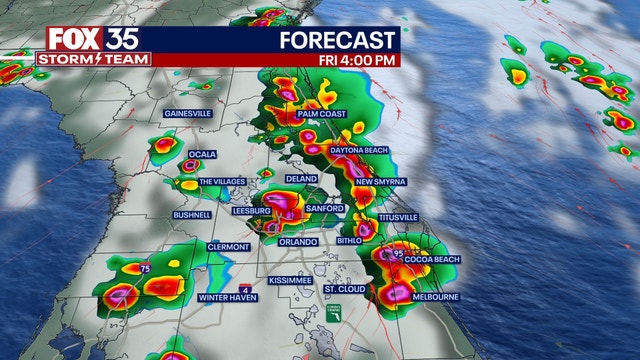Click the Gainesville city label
tap(187, 114)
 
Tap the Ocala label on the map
tap(203, 154)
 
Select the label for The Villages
tap(223, 182)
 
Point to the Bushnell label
tap(191, 215)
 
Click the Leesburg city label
tap(251, 212)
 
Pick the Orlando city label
tap(298, 242)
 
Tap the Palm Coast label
tap(321, 115)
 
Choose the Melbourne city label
tap(436, 297)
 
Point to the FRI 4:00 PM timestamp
tap(356, 60)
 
